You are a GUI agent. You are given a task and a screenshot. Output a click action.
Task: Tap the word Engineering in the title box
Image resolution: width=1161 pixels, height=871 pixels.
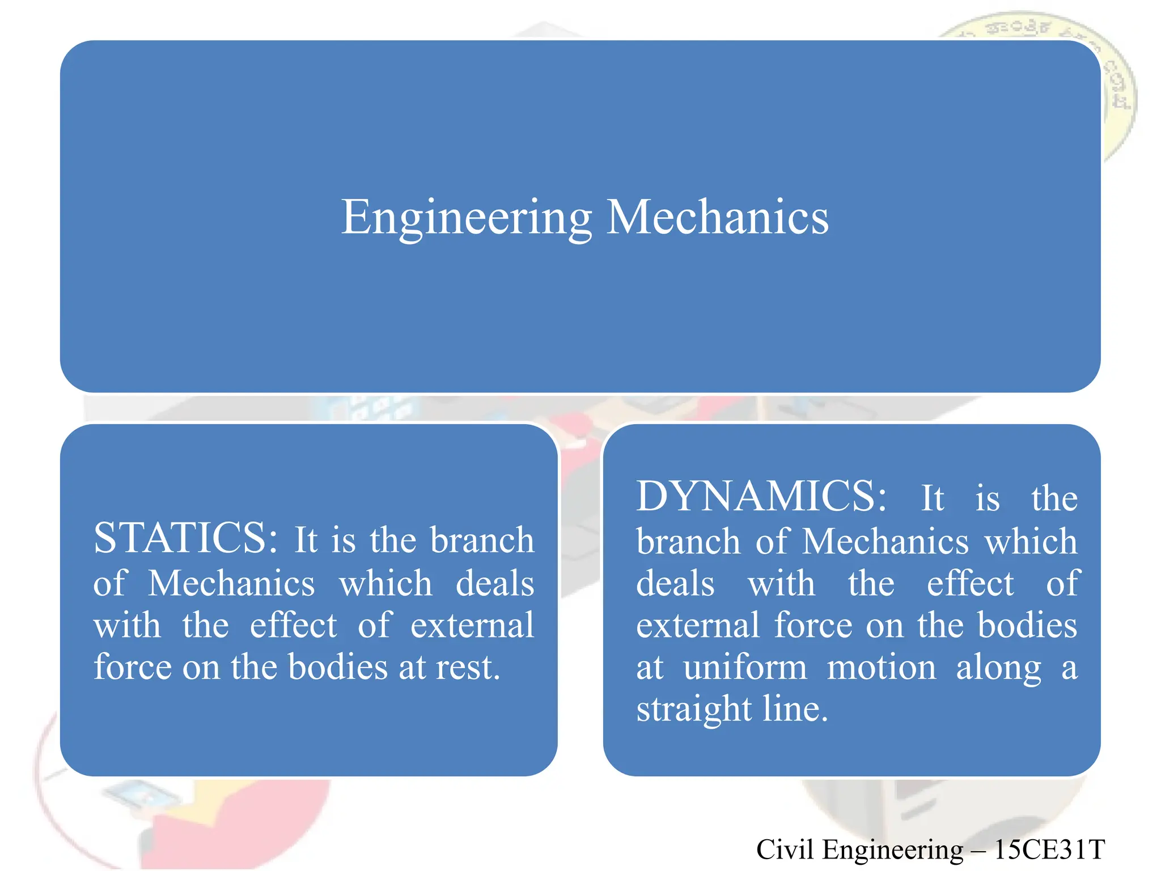click(467, 217)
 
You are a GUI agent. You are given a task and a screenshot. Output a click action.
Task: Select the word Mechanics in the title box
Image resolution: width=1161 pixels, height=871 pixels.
click(718, 217)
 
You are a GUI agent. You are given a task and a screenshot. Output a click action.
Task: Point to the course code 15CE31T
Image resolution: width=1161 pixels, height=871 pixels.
click(1049, 849)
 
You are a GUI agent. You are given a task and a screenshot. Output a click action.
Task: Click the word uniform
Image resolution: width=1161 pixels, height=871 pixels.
click(745, 667)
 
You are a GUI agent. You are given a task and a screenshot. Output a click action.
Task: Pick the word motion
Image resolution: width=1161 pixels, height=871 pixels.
click(882, 667)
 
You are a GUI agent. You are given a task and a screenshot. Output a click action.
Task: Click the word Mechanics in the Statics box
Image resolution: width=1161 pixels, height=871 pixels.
click(231, 583)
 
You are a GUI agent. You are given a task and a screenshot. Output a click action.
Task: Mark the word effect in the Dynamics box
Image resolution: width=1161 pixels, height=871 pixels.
click(970, 584)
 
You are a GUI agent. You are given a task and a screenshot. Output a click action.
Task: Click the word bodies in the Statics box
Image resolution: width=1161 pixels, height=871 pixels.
click(338, 667)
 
